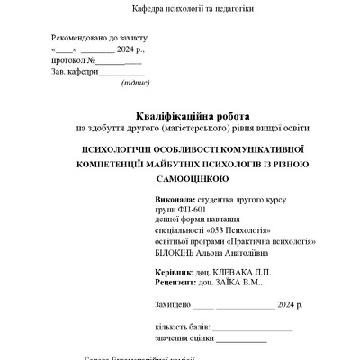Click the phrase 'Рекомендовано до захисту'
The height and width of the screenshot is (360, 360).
[x=98, y=40]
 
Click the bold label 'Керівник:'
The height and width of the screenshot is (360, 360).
[x=174, y=271]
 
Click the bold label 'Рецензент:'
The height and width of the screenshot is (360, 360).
[x=177, y=282]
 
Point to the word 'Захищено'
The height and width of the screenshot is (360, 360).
[x=172, y=306]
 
